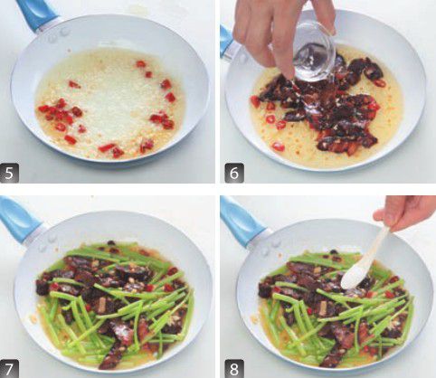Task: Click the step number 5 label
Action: pyautogui.click(x=9, y=173)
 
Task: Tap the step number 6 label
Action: pyautogui.click(x=234, y=173)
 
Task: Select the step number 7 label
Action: pyautogui.click(x=9, y=368)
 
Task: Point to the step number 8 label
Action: pyautogui.click(x=234, y=368)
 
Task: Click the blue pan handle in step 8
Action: pyautogui.click(x=242, y=220)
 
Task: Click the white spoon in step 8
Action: pyautogui.click(x=365, y=260)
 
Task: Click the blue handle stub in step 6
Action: pyautogui.click(x=227, y=43)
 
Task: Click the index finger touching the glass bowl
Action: pyautogui.click(x=285, y=61)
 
